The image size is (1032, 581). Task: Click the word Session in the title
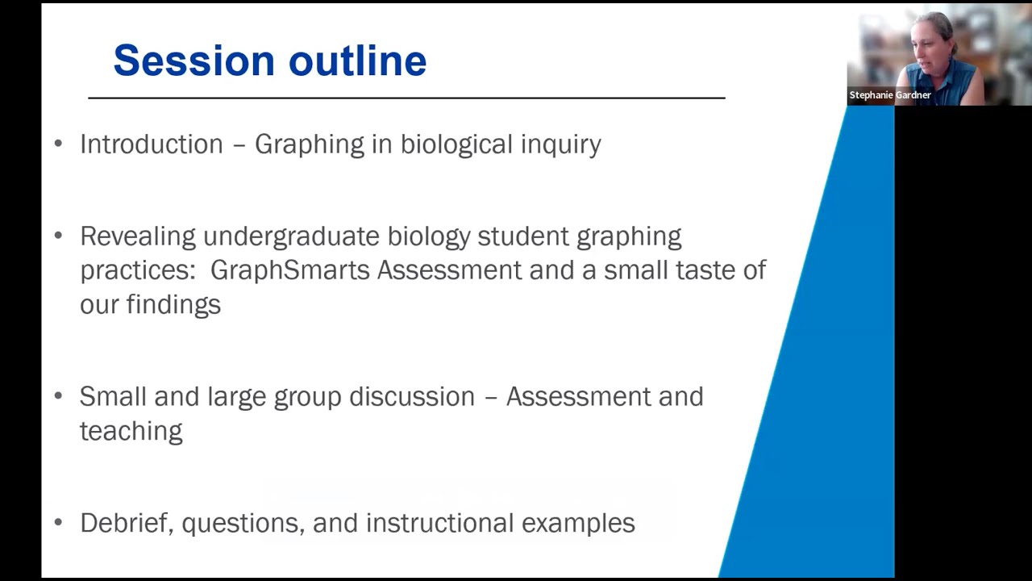(x=194, y=61)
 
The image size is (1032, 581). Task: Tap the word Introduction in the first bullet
(x=151, y=144)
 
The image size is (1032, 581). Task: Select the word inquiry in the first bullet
(x=560, y=145)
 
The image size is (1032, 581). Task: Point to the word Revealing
(x=138, y=236)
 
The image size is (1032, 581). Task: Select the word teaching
(x=131, y=431)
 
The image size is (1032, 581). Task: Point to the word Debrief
(x=127, y=523)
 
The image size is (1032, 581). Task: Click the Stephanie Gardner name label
(x=889, y=95)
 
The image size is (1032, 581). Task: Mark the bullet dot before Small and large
(x=58, y=397)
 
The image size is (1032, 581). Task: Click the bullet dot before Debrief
(x=58, y=523)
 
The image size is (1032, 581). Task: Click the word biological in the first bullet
(x=456, y=145)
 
